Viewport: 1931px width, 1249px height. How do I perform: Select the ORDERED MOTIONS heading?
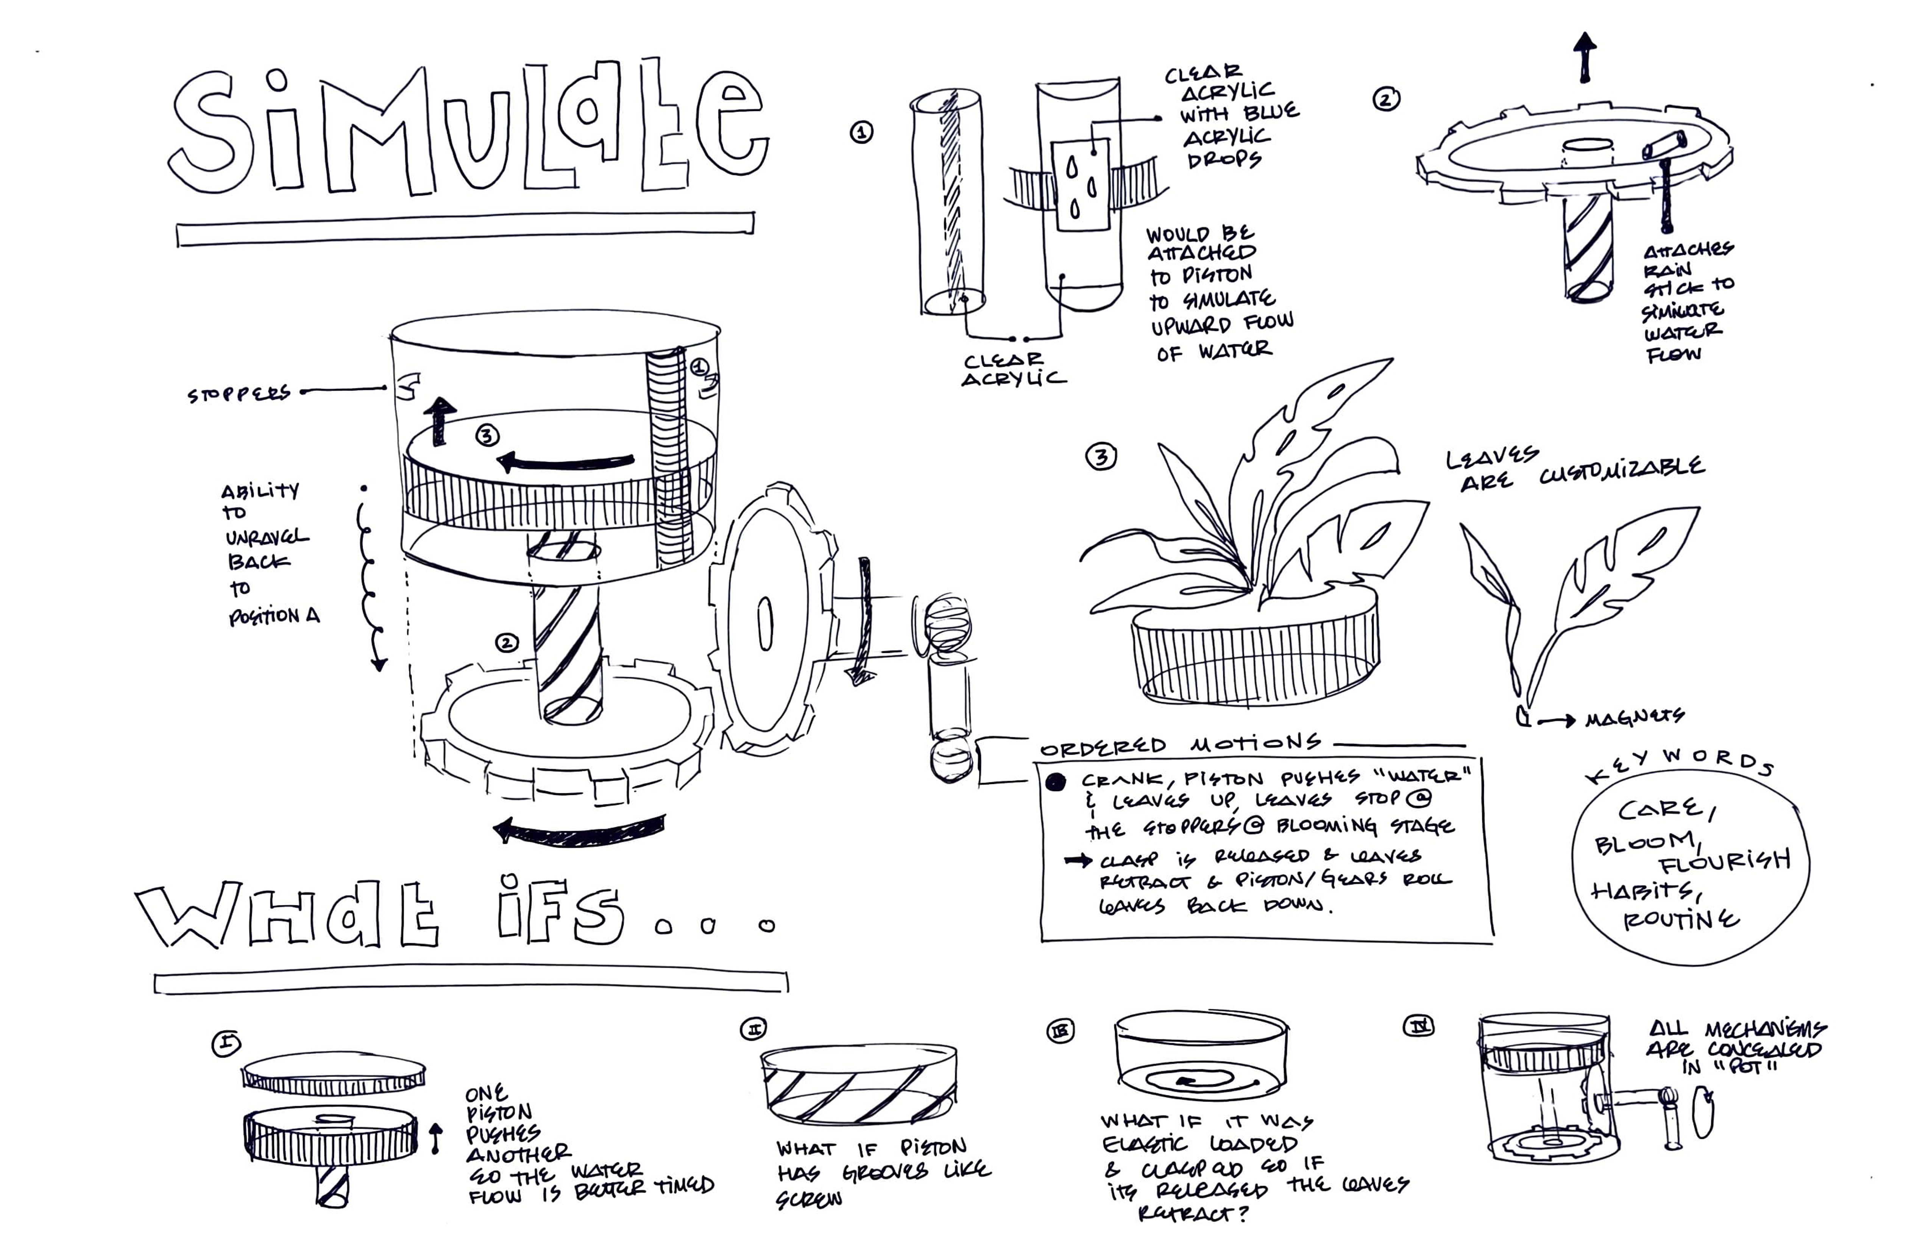point(1181,744)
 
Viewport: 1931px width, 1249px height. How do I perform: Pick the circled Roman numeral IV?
point(1418,1027)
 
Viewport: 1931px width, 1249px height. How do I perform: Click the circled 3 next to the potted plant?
point(1101,458)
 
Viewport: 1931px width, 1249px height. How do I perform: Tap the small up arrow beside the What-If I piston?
point(436,1138)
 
